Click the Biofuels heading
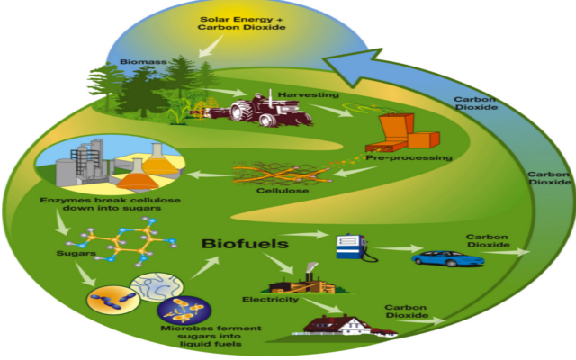click(x=245, y=244)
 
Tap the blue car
click(x=448, y=258)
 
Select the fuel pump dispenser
click(x=354, y=247)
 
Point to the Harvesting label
click(x=308, y=94)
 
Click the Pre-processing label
click(x=409, y=157)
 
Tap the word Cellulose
click(x=283, y=191)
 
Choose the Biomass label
click(x=143, y=62)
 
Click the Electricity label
click(x=270, y=300)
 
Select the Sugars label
click(x=76, y=253)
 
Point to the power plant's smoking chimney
click(x=310, y=271)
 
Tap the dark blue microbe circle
click(x=184, y=310)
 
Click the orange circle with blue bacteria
click(x=113, y=300)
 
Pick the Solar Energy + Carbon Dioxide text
click(x=241, y=23)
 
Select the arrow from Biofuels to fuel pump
click(x=304, y=234)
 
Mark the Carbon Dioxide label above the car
click(x=488, y=240)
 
